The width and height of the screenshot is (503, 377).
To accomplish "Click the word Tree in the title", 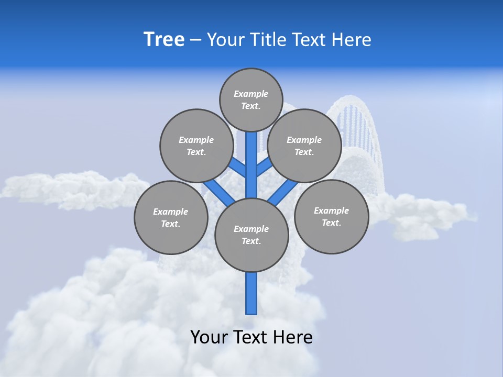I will (x=164, y=40).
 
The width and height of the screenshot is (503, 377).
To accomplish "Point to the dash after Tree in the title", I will (x=195, y=40).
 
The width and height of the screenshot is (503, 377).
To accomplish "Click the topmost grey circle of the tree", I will (x=251, y=99).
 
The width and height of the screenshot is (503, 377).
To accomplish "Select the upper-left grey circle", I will (x=196, y=146).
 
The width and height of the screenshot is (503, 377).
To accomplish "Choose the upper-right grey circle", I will (x=304, y=146).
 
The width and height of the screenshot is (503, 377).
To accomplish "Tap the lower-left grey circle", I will (x=171, y=217).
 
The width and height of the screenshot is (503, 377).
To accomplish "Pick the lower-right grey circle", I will (x=331, y=216).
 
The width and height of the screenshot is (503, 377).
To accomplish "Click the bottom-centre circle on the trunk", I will (x=251, y=235).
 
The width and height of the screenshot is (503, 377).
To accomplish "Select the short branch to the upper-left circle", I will (x=238, y=168).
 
